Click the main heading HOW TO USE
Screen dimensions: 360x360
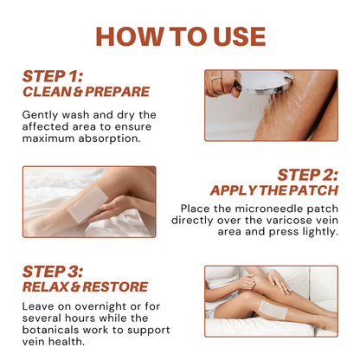pyautogui.click(x=180, y=35)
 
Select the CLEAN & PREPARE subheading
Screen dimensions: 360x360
pyautogui.click(x=86, y=92)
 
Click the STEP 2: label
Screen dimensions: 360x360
pyautogui.click(x=308, y=173)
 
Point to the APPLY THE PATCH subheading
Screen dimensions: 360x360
pyautogui.click(x=273, y=190)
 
